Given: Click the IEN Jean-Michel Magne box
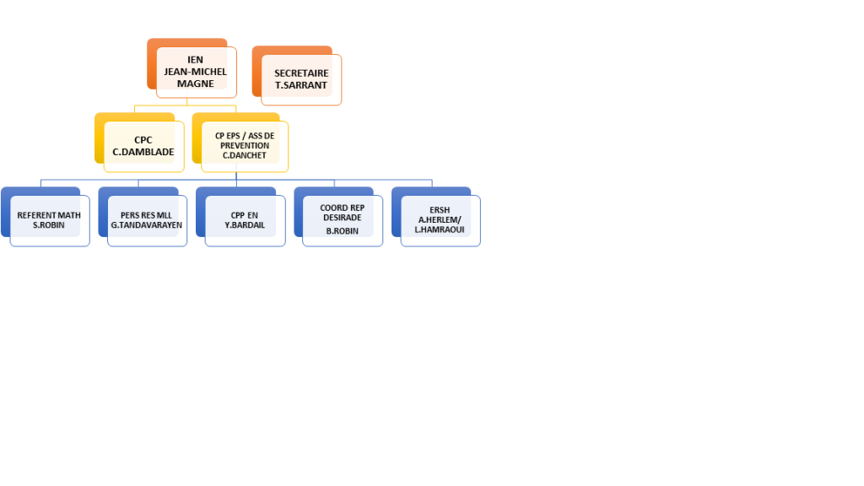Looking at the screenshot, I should [196, 72].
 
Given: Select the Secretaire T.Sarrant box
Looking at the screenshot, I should [301, 79].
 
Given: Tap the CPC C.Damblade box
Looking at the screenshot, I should [143, 146].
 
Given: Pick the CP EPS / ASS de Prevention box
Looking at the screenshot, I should [245, 146].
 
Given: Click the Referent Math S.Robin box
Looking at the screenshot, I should [49, 220].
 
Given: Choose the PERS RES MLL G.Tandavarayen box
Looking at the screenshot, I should [147, 220].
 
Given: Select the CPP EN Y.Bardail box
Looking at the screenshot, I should [245, 220].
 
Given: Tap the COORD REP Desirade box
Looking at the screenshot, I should [342, 219].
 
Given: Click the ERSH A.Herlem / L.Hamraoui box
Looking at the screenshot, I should [440, 220].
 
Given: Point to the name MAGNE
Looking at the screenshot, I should [196, 84].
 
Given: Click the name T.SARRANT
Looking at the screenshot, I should [301, 85].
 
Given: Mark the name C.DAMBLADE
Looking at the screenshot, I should [143, 153].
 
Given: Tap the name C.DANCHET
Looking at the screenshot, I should [245, 155].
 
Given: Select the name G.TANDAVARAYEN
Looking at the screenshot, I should [147, 225].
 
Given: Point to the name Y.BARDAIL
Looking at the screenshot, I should [245, 225].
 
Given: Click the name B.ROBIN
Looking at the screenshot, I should [342, 230].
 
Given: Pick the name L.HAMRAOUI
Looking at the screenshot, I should [440, 229].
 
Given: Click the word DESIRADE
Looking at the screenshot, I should [342, 218].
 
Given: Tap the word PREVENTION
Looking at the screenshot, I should [245, 145].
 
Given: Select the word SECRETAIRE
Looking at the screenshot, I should [301, 73].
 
